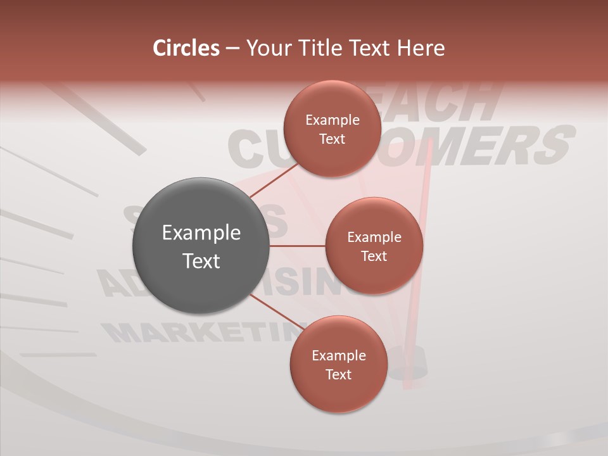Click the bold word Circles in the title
pos(186,47)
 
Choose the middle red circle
pos(374,272)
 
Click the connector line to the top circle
pos(274,180)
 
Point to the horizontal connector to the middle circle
pos(298,246)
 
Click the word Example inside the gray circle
pos(201,233)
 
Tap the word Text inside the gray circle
pos(201,260)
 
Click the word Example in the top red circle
pos(332,120)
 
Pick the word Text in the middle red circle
pos(374,256)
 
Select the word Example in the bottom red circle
pos(338,356)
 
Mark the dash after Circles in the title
pos(232,49)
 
